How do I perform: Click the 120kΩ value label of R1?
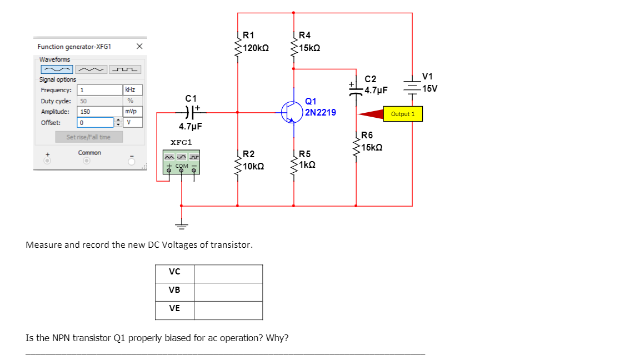(257, 48)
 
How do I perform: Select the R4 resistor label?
(305, 36)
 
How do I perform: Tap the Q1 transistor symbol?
(292, 112)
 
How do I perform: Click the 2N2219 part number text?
(321, 112)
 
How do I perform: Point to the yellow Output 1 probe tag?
(403, 114)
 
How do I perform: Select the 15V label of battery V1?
(430, 88)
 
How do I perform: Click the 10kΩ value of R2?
(253, 166)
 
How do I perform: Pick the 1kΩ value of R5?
(307, 165)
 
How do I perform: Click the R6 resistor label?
(367, 136)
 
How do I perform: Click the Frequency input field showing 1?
(99, 90)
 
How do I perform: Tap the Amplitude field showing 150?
(99, 111)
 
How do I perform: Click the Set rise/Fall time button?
(89, 137)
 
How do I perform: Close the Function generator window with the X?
(139, 46)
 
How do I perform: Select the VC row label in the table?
(174, 272)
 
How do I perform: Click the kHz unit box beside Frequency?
(132, 90)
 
